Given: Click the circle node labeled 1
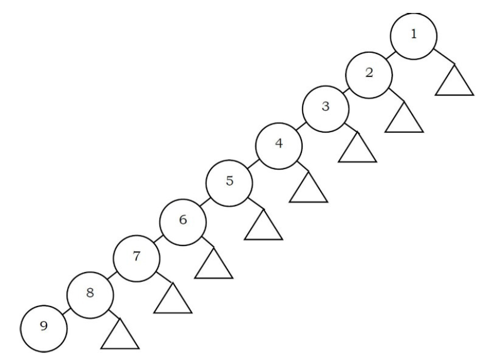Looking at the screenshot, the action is coord(414,35).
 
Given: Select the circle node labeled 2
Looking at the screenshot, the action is coord(368,74).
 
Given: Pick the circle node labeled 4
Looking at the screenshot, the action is coord(279,145).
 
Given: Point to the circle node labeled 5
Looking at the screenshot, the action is coord(229,182).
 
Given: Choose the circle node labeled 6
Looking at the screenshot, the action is coord(183,221).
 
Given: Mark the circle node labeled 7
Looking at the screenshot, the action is coord(136,257).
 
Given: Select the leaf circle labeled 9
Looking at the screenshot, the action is coord(44,327).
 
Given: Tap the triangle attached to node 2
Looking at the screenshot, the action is coord(405,119).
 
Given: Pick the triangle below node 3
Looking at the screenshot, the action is coord(357,150).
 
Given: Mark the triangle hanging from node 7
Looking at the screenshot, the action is coord(172,301).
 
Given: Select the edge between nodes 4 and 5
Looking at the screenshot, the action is coord(253,164).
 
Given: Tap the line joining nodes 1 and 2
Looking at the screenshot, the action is coord(391,55).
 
